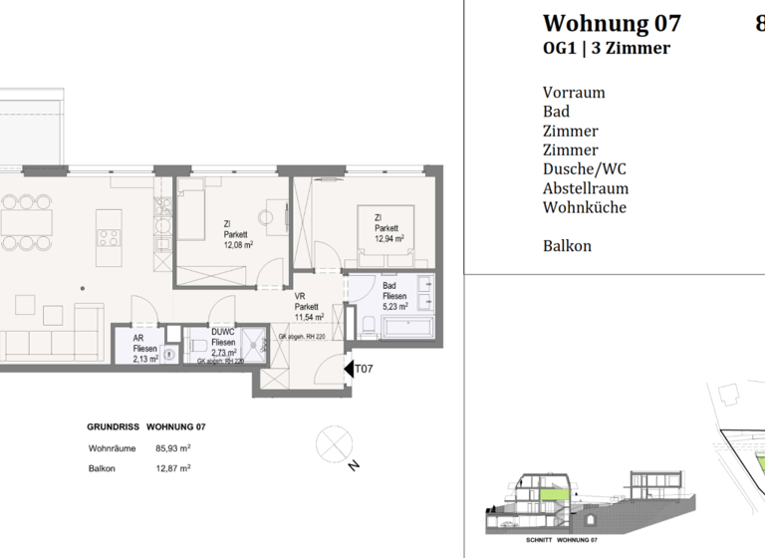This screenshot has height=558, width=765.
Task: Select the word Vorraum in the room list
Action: [x=574, y=93]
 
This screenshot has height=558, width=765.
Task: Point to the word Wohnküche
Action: [x=585, y=208]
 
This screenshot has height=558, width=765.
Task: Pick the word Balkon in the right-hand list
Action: [x=567, y=245]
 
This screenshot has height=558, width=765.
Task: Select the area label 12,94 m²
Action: [x=389, y=239]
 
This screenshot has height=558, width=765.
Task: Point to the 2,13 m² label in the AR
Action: [x=145, y=360]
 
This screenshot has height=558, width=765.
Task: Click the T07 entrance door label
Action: [x=365, y=369]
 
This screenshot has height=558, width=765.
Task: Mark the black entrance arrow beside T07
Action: [x=350, y=369]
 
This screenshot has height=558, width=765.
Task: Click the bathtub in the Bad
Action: [x=408, y=328]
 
